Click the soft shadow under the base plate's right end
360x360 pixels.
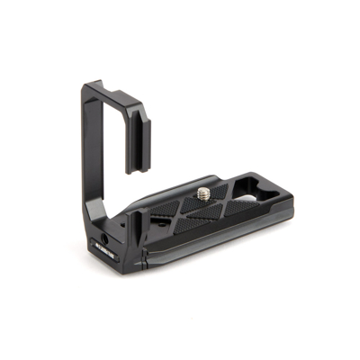[270, 236]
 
